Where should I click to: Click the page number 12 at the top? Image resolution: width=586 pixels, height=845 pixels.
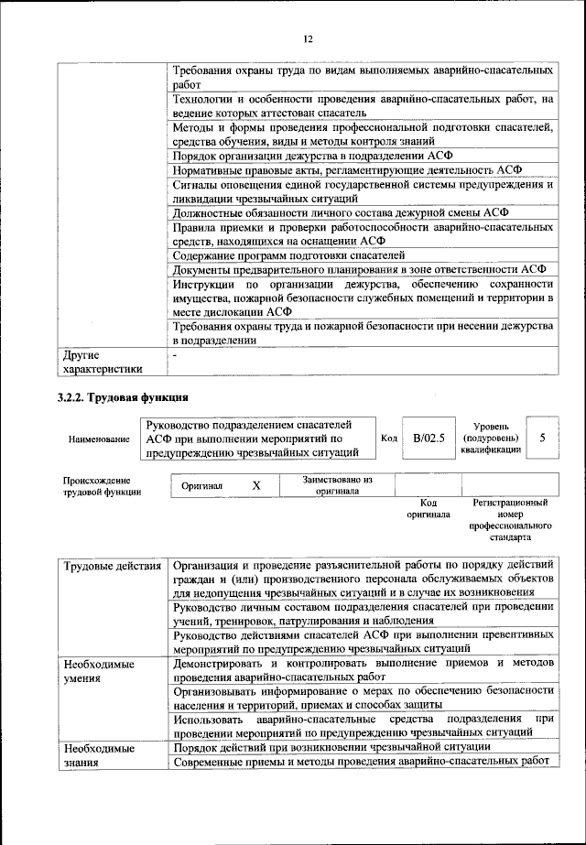(x=308, y=38)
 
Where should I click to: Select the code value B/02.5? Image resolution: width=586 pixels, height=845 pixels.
(x=429, y=438)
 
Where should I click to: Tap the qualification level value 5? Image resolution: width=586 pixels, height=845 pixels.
(x=543, y=438)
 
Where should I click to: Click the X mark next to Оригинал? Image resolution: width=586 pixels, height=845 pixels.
(x=256, y=485)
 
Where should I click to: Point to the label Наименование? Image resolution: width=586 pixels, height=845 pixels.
(x=99, y=439)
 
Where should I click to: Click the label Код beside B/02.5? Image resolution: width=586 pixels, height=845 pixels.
(x=388, y=439)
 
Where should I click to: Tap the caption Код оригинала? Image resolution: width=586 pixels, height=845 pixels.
(x=429, y=508)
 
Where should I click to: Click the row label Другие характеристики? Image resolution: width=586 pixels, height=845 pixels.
(x=102, y=362)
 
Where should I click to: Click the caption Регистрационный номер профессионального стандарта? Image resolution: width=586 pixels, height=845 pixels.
(x=510, y=521)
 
